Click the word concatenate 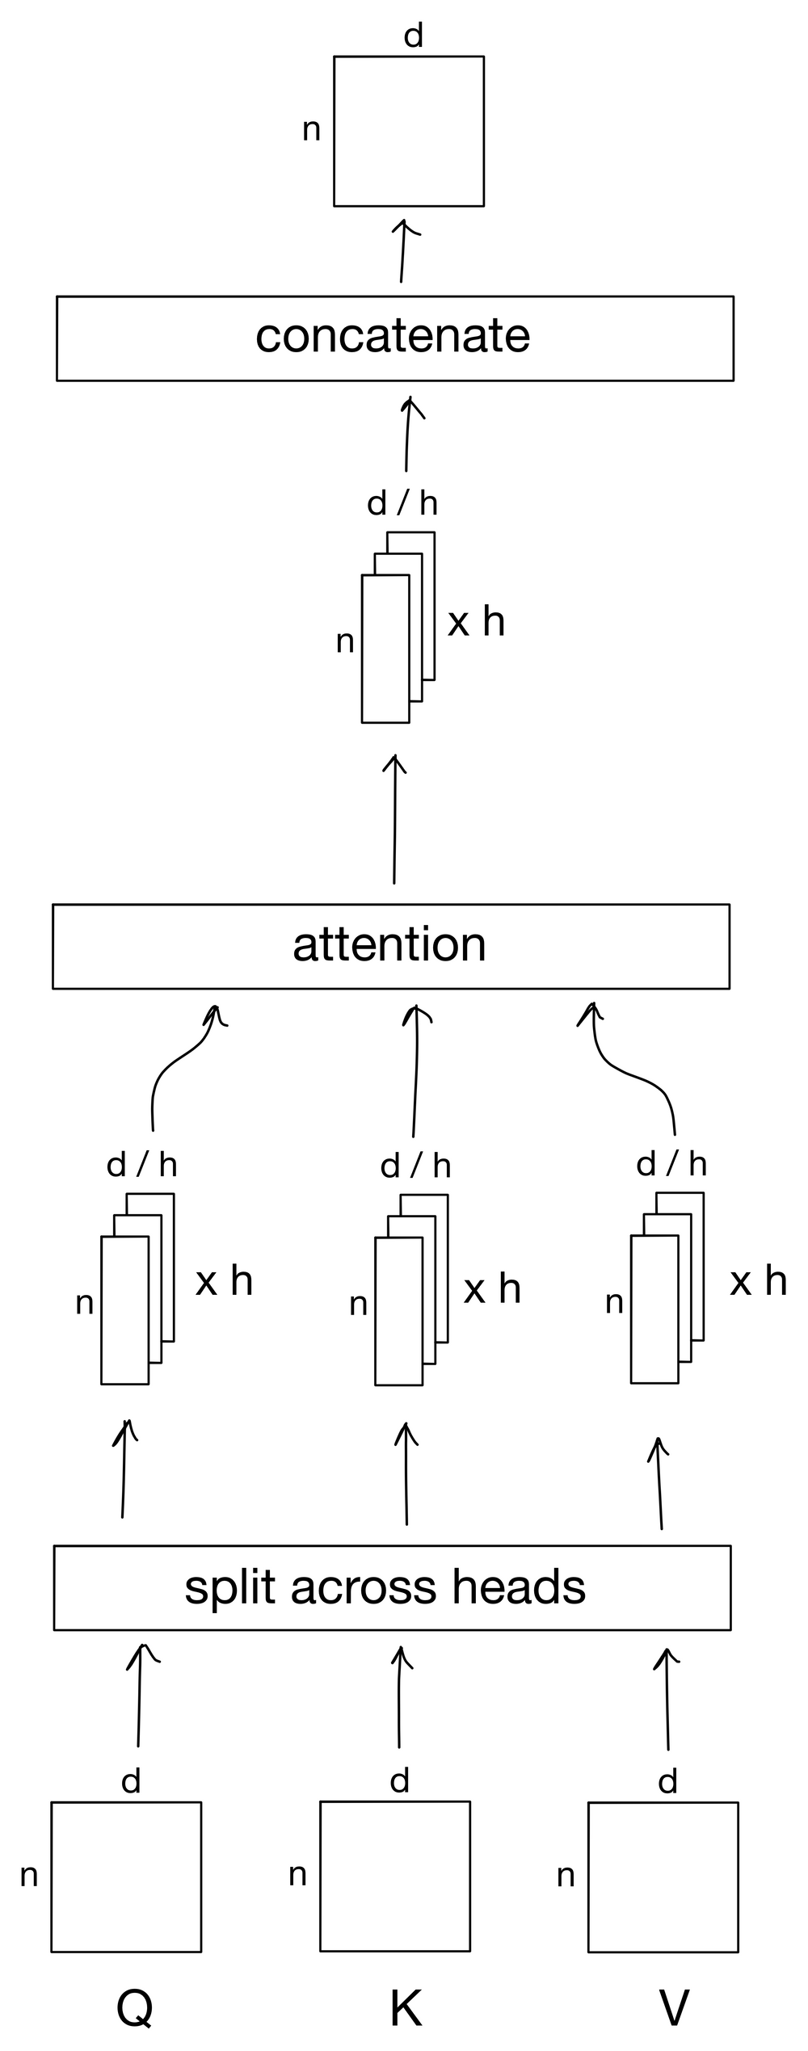click(x=393, y=336)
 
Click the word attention click(x=389, y=944)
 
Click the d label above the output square click(x=413, y=36)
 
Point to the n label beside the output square click(x=311, y=129)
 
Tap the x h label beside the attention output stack click(x=476, y=622)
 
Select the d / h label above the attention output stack click(x=402, y=504)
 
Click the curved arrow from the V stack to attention click(x=634, y=1070)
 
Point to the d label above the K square click(x=399, y=1780)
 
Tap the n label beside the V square click(x=566, y=1876)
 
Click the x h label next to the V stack click(x=757, y=1281)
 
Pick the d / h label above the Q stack click(x=141, y=1165)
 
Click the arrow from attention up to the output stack click(x=394, y=820)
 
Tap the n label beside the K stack click(x=358, y=1305)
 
